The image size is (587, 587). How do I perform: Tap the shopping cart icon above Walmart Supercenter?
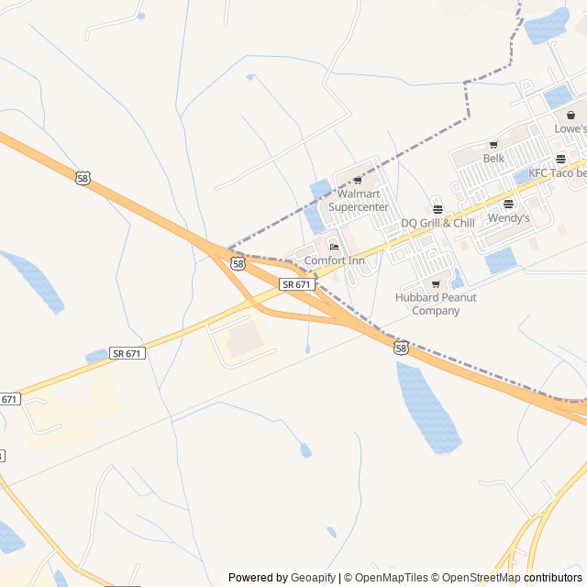point(358,181)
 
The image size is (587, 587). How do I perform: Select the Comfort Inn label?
point(334,260)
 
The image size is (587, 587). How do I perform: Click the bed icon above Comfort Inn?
point(334,247)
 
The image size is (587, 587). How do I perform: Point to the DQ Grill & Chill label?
point(437,223)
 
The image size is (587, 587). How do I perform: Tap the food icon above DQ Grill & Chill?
point(437,210)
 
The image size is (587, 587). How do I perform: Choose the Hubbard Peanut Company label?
point(436,304)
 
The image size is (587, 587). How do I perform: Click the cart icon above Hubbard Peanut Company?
point(436,284)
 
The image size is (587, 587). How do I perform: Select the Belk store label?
point(493,158)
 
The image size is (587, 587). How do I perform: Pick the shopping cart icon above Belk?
point(493,145)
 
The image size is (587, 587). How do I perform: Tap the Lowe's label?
point(570,129)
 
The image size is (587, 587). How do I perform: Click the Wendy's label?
point(508,218)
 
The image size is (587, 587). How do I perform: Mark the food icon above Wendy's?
point(508,205)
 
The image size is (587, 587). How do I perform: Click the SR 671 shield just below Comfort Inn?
point(297,285)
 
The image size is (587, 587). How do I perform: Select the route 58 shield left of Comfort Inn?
point(238,264)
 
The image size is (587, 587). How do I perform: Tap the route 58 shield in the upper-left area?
point(83,179)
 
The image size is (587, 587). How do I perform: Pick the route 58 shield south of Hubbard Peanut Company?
point(401,348)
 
